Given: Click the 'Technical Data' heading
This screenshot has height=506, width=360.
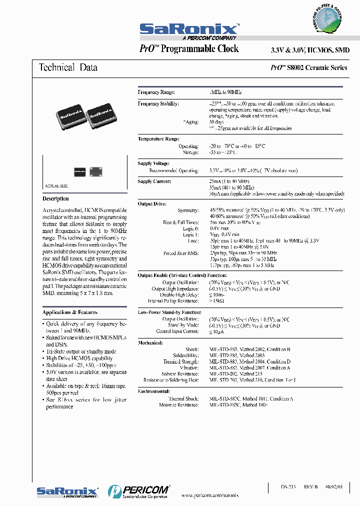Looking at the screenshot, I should pyautogui.click(x=68, y=67).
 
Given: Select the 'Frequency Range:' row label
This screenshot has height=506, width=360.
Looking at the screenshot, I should pyautogui.click(x=156, y=92).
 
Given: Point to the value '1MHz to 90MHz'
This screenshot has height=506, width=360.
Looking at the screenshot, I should pyautogui.click(x=225, y=92).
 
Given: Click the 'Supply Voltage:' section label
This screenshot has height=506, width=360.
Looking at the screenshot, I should pyautogui.click(x=153, y=163).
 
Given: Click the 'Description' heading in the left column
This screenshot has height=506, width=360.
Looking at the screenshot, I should pyautogui.click(x=56, y=198).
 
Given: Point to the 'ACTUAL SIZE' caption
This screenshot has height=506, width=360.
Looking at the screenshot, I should pyautogui.click(x=56, y=185).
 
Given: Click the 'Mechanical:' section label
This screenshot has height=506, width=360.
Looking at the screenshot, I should pyautogui.click(x=150, y=342).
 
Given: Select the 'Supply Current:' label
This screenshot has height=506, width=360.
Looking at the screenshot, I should pyautogui.click(x=154, y=181).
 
